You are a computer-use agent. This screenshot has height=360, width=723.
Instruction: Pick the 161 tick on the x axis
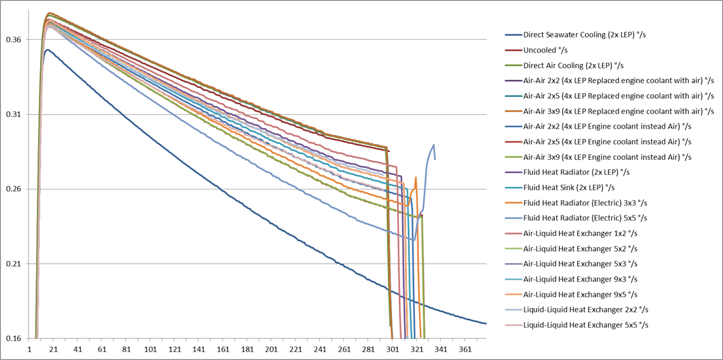coord(223,350)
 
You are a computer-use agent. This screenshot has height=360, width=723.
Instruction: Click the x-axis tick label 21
coord(54,350)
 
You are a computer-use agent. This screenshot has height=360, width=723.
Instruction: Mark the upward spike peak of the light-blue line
coord(433,145)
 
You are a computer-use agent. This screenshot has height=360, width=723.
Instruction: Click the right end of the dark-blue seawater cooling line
coord(486,323)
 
